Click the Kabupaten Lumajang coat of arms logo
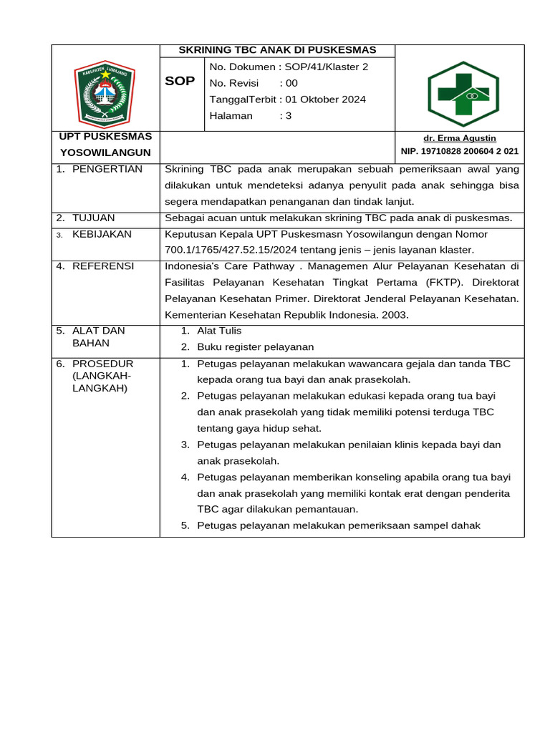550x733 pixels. coord(105,93)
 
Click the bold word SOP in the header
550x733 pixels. coord(180,81)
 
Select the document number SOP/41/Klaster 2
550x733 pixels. coord(327,67)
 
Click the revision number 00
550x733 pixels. coord(291,83)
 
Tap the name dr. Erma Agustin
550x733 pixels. coord(460,138)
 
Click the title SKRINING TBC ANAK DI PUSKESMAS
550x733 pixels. coord(277,50)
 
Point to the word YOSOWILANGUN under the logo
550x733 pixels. coord(105,152)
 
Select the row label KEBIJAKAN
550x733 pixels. coord(101,234)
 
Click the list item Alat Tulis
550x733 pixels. coord(219,331)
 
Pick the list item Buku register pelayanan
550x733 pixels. coord(256,347)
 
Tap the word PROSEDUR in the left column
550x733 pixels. coord(102,364)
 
